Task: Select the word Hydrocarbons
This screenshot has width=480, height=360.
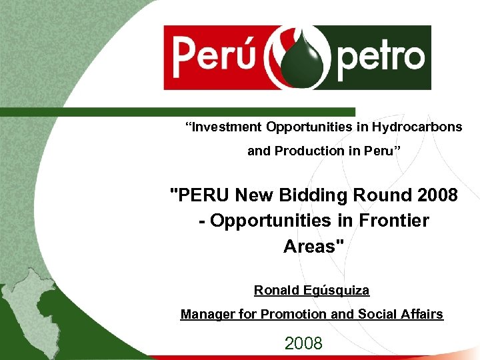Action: pos(417,127)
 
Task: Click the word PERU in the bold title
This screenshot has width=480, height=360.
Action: pos(199,195)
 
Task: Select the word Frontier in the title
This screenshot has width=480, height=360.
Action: pos(393,220)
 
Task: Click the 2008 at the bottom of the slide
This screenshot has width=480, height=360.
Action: pos(303,343)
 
